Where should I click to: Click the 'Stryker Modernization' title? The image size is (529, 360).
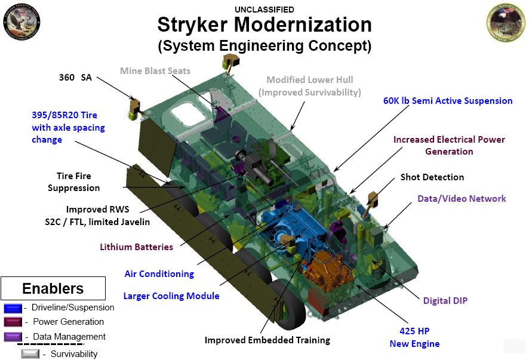[x=264, y=24]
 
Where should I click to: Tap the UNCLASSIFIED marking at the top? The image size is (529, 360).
[x=264, y=9]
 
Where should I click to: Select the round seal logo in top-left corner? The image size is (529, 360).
[x=21, y=22]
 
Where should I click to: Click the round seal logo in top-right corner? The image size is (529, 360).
[x=506, y=22]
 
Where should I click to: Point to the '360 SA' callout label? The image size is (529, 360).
[x=75, y=77]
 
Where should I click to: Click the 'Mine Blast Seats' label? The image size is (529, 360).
[x=155, y=71]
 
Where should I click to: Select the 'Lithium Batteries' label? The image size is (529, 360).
[x=136, y=247]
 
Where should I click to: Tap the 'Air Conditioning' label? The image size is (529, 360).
[x=159, y=274]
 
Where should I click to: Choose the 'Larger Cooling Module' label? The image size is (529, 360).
[x=171, y=296]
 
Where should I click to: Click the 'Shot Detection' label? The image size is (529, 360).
[x=432, y=177]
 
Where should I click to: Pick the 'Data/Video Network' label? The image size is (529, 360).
[x=462, y=199]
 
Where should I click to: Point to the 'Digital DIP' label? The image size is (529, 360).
[x=445, y=300]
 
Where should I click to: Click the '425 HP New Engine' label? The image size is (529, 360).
[x=414, y=337]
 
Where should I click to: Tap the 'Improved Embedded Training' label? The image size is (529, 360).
[x=267, y=340]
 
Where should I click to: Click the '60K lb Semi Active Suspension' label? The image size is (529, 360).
[x=448, y=101]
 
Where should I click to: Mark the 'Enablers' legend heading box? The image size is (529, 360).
[x=53, y=288]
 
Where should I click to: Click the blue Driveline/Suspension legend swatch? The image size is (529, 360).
[x=13, y=308]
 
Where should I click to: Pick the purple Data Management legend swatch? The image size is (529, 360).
[x=13, y=337]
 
